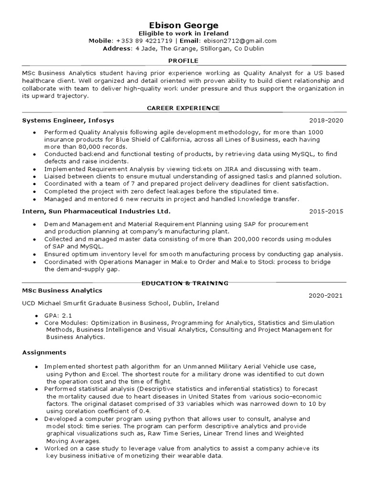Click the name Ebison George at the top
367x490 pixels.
pyautogui.click(x=183, y=25)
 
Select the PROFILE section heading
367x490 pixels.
pyautogui.click(x=183, y=61)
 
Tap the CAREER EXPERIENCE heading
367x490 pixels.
pyautogui.click(x=183, y=108)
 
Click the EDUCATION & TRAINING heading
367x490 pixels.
pyautogui.click(x=185, y=283)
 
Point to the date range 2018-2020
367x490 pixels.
pyautogui.click(x=326, y=121)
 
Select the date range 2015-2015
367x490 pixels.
pyautogui.click(x=326, y=212)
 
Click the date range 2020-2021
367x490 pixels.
pyautogui.click(x=325, y=296)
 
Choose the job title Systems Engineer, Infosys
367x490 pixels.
pyautogui.click(x=68, y=121)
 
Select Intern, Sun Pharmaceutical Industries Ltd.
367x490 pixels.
pyautogui.click(x=96, y=212)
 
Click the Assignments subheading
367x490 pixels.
pyautogui.click(x=44, y=353)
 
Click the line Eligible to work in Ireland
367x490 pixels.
pyautogui.click(x=183, y=33)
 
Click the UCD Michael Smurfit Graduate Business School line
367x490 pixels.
pyautogui.click(x=120, y=303)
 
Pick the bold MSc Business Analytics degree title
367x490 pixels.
pyautogui.click(x=62, y=290)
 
